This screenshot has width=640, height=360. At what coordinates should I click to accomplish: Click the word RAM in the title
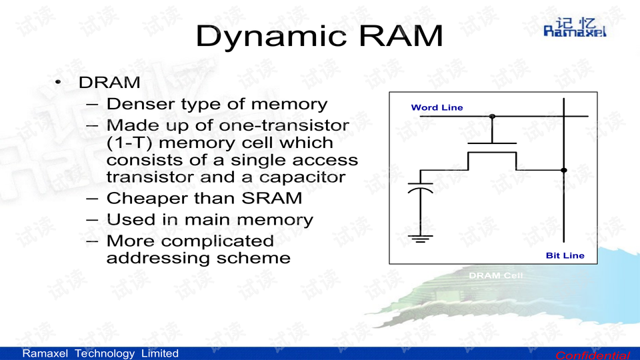coord(399,36)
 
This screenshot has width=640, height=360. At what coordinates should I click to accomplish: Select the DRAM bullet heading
coord(109,83)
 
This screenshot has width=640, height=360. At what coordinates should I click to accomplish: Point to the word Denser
coord(139,104)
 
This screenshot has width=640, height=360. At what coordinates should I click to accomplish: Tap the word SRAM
coord(271,199)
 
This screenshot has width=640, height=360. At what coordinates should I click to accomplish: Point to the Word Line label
coord(437,107)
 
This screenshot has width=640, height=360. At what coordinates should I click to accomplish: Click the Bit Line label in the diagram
coord(565,255)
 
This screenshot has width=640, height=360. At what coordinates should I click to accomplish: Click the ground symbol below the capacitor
coord(420,237)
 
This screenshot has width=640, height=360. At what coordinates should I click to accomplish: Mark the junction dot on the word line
coord(492,116)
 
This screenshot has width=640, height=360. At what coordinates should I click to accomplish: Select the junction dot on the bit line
coord(563,170)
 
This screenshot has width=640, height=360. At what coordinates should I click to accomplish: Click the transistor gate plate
coord(492,143)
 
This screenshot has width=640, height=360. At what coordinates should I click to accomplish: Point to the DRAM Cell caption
coord(495,275)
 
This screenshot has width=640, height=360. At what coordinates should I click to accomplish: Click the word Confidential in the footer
coord(592,355)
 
